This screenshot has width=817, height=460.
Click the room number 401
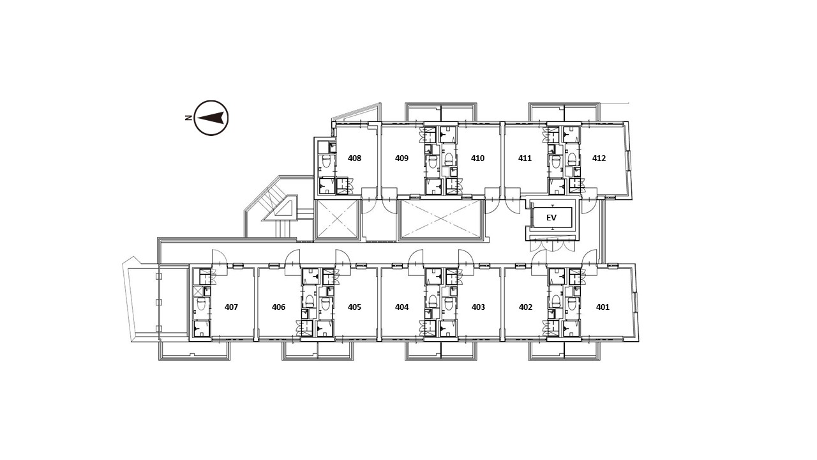(x=603, y=307)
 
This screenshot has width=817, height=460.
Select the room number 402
(x=525, y=307)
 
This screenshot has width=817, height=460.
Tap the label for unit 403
(x=478, y=307)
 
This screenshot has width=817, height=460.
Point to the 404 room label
(x=401, y=307)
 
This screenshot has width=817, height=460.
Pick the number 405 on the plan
(x=354, y=307)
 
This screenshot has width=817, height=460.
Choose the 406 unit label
(x=278, y=307)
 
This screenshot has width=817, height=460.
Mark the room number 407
(x=231, y=307)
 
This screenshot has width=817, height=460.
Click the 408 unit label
(x=354, y=158)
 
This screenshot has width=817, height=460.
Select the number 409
(x=401, y=158)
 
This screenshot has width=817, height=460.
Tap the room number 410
(x=477, y=158)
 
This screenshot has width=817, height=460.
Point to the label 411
(x=525, y=158)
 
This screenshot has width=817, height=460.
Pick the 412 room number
(x=599, y=158)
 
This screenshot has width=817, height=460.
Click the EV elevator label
(x=551, y=218)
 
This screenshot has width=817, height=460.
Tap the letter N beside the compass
(x=188, y=118)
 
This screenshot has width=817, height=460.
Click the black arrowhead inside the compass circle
(x=210, y=118)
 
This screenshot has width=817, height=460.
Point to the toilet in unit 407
(x=201, y=303)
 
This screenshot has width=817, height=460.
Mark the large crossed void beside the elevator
(x=441, y=219)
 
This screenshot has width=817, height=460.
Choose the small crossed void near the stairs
(x=337, y=219)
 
